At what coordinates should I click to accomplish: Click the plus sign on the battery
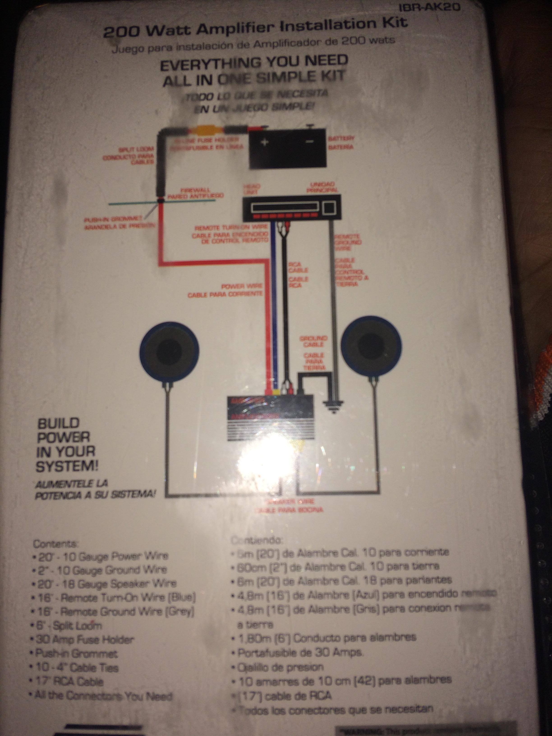pyautogui.click(x=265, y=143)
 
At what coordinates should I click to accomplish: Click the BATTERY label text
pyautogui.click(x=341, y=138)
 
